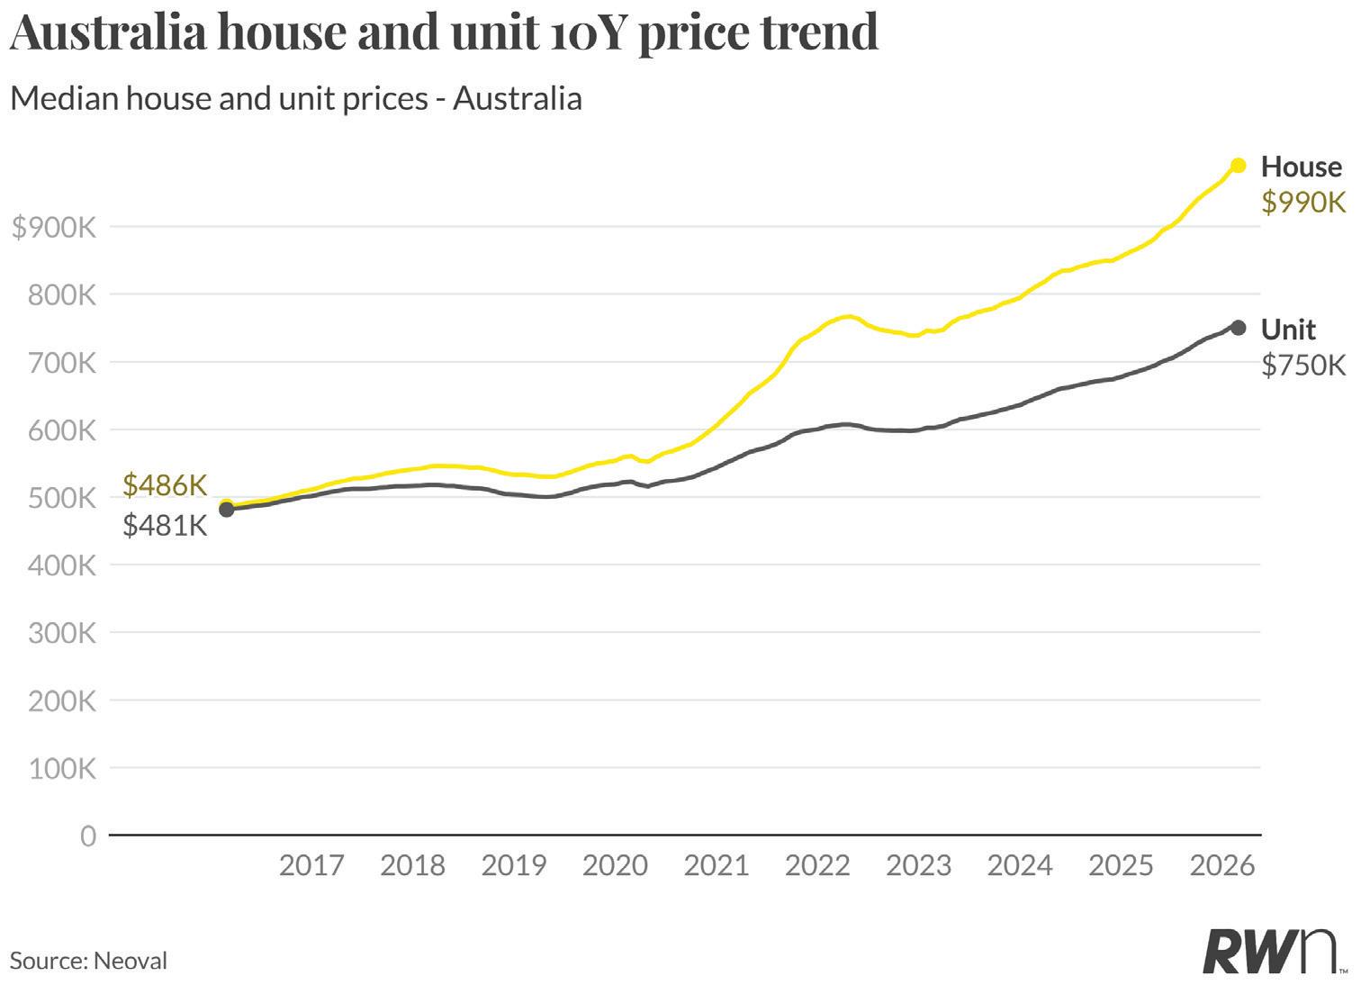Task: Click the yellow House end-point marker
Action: coord(1238,166)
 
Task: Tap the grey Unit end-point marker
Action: coord(1238,328)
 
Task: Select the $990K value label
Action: coord(1302,203)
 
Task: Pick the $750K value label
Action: coord(1302,365)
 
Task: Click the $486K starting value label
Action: coord(165,485)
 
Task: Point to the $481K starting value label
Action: coord(165,525)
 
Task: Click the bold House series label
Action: coord(1301,167)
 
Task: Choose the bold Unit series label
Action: coord(1288,330)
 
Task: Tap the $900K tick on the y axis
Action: coord(54,228)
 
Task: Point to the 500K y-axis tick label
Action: coord(62,498)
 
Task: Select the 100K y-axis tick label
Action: coord(62,769)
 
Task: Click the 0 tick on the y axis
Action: coord(87,836)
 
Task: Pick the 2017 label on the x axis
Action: coord(311,866)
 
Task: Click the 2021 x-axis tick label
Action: coord(716,866)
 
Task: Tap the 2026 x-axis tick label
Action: coord(1221,866)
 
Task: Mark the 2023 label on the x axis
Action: coord(918,866)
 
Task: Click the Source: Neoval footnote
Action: coord(88,961)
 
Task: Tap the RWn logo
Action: coord(1273,952)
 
